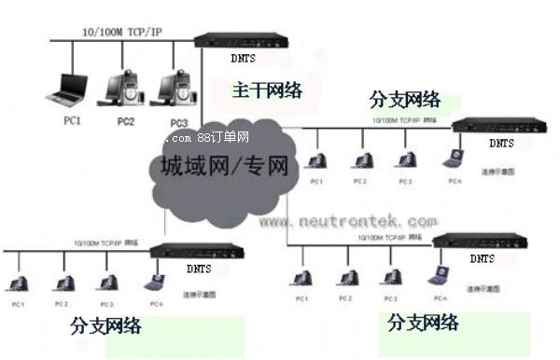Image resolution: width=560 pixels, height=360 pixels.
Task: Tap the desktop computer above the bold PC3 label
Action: (177, 85)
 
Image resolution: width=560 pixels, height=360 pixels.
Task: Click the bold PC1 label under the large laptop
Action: (72, 120)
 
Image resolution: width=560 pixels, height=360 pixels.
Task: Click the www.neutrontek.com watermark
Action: (347, 222)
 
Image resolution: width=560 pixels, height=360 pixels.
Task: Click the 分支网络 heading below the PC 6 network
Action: (105, 326)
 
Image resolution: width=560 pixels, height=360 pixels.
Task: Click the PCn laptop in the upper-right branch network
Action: (455, 158)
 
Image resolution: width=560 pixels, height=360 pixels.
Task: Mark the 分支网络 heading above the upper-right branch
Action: (404, 99)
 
